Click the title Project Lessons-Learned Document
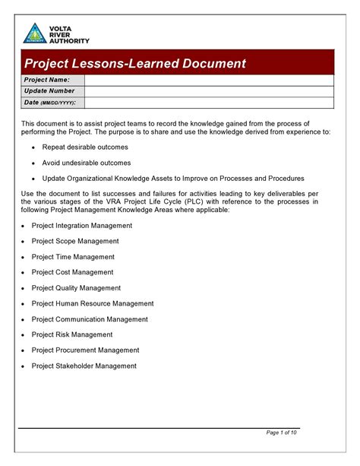tap(134, 63)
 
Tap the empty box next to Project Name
tap(209, 80)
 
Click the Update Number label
tap(49, 91)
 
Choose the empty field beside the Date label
tap(209, 103)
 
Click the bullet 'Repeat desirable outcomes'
tap(85, 147)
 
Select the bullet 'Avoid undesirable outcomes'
tap(87, 163)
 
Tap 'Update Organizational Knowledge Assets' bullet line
tap(173, 179)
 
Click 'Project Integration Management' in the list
tap(82, 226)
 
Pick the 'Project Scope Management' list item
tap(75, 241)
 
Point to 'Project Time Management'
tap(73, 257)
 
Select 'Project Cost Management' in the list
tap(72, 272)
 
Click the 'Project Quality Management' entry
tap(76, 288)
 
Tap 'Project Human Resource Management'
tap(93, 303)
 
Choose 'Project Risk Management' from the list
tap(72, 334)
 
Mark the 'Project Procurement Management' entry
tap(85, 350)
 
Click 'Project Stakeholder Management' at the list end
tap(84, 366)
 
